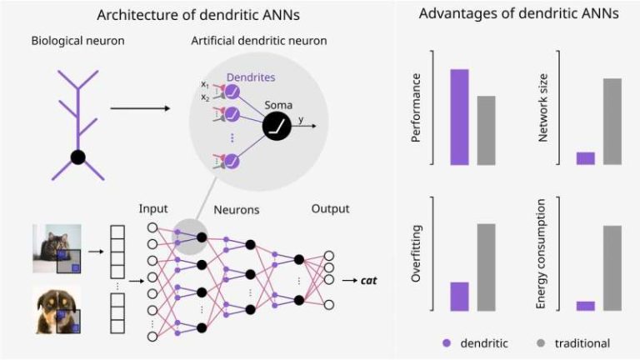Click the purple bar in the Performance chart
tap(460, 117)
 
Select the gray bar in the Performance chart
tap(487, 130)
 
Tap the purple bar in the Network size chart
tap(585, 158)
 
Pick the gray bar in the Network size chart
tap(612, 122)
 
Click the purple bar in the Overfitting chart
tap(460, 296)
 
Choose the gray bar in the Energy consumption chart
tap(612, 267)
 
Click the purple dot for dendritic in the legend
tap(447, 343)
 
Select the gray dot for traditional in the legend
tap(541, 343)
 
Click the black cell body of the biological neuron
tap(77, 157)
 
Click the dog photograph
tap(57, 310)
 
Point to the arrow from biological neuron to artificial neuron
tap(138, 107)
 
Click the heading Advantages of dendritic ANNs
tap(518, 14)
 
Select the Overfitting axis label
tap(417, 254)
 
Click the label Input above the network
tap(152, 208)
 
